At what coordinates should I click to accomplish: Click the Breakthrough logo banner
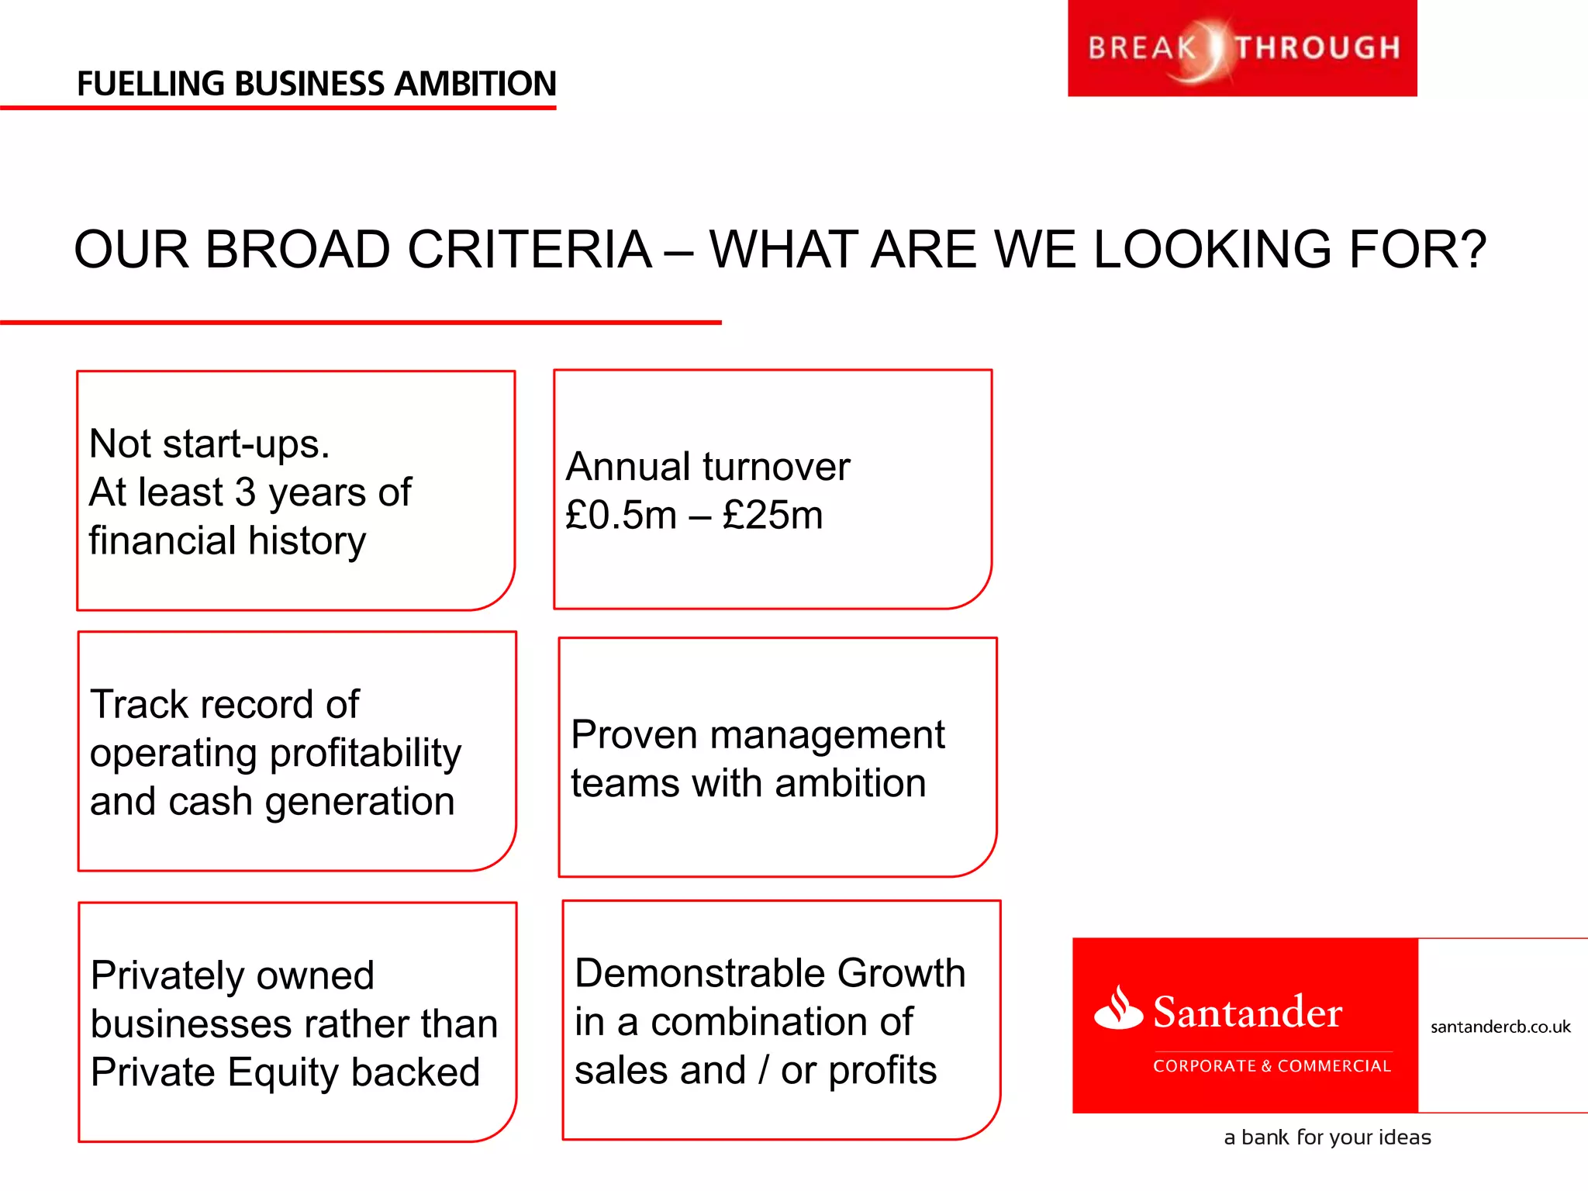(x=1242, y=48)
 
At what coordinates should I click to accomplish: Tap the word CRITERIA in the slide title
(x=529, y=250)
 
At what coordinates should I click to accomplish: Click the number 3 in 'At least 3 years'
(x=245, y=492)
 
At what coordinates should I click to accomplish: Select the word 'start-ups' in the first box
(x=246, y=445)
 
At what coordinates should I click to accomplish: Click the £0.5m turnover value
(x=620, y=515)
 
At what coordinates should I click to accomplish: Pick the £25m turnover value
(x=772, y=515)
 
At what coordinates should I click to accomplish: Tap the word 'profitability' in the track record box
(x=364, y=754)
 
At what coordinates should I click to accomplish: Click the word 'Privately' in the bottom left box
(x=168, y=976)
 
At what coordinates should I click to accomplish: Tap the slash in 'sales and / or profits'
(x=764, y=1071)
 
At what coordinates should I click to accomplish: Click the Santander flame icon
(x=1118, y=1008)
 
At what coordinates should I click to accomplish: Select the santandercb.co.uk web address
(x=1500, y=1027)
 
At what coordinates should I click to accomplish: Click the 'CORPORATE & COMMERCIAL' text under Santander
(x=1272, y=1066)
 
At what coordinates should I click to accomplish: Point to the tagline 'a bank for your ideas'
(x=1327, y=1137)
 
